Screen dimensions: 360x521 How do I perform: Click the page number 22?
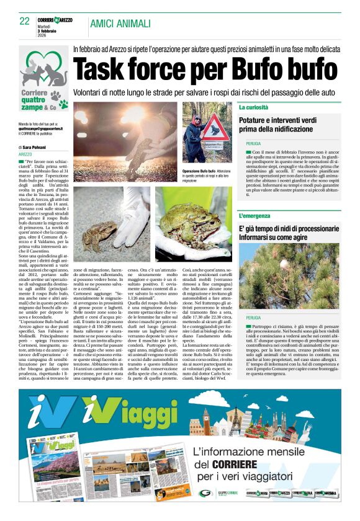[24, 22]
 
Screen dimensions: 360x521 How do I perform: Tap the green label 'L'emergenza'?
[256, 216]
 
